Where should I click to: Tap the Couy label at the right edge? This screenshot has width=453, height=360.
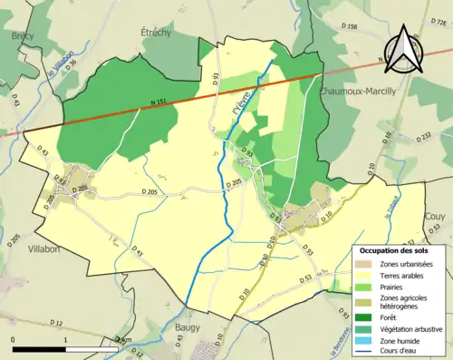[x=435, y=217]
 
